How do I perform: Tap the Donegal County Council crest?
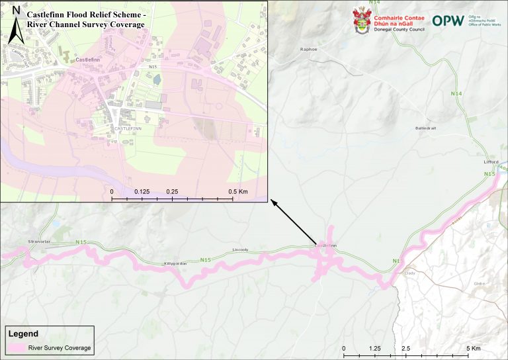[361, 21]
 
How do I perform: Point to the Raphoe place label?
[309, 49]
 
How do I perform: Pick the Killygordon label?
[175, 263]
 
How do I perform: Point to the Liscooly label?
[240, 249]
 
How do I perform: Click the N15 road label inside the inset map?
[153, 66]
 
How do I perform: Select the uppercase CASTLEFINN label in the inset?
[127, 128]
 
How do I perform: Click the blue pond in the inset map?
[157, 80]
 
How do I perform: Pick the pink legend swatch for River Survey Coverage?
[16, 347]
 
